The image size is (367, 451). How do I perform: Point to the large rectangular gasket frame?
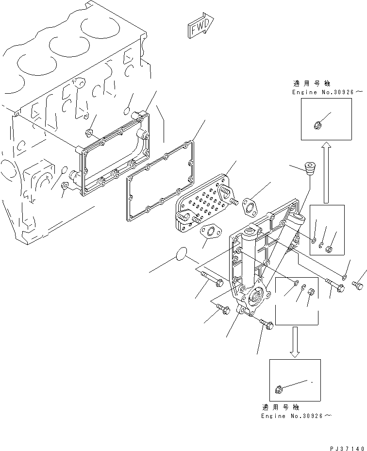(160, 180)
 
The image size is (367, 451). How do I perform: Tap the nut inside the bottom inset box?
(279, 388)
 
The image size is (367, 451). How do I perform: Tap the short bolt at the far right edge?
(358, 284)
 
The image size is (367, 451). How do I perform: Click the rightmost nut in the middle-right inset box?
(328, 250)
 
